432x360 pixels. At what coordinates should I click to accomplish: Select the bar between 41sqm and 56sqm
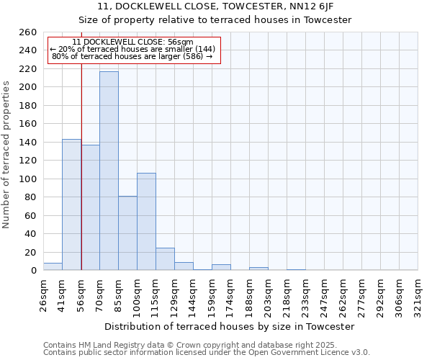[71, 204]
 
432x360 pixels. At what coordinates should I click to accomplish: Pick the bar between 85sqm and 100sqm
[127, 233]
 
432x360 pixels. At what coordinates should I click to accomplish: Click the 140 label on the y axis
[27, 143]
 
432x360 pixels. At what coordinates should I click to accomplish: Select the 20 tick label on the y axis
[30, 253]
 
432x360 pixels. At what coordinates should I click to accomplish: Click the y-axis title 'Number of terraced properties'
[7, 154]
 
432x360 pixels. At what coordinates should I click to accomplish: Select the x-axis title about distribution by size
[230, 326]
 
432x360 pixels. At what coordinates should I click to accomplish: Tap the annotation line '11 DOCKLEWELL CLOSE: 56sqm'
[133, 42]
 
